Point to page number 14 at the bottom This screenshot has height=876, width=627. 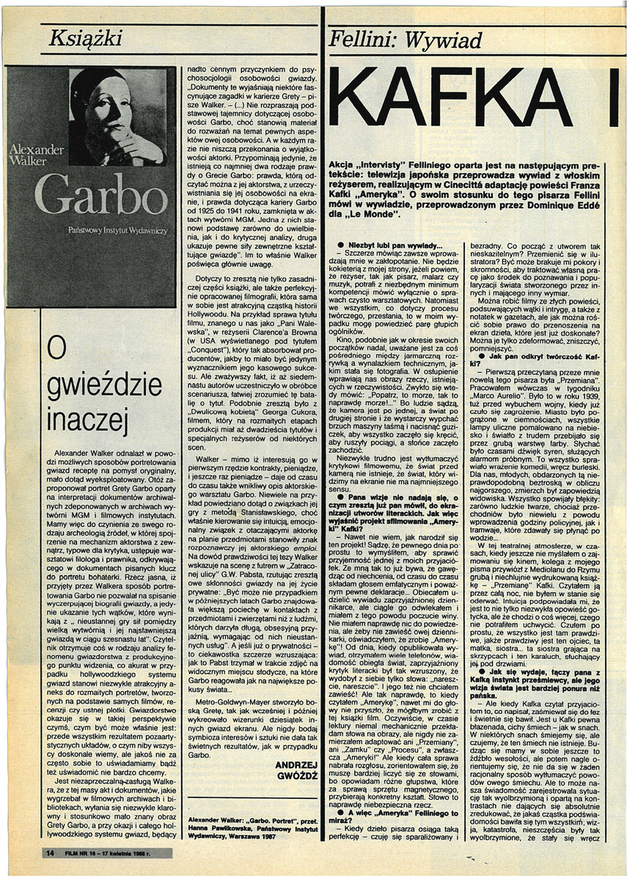[x=49, y=853]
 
